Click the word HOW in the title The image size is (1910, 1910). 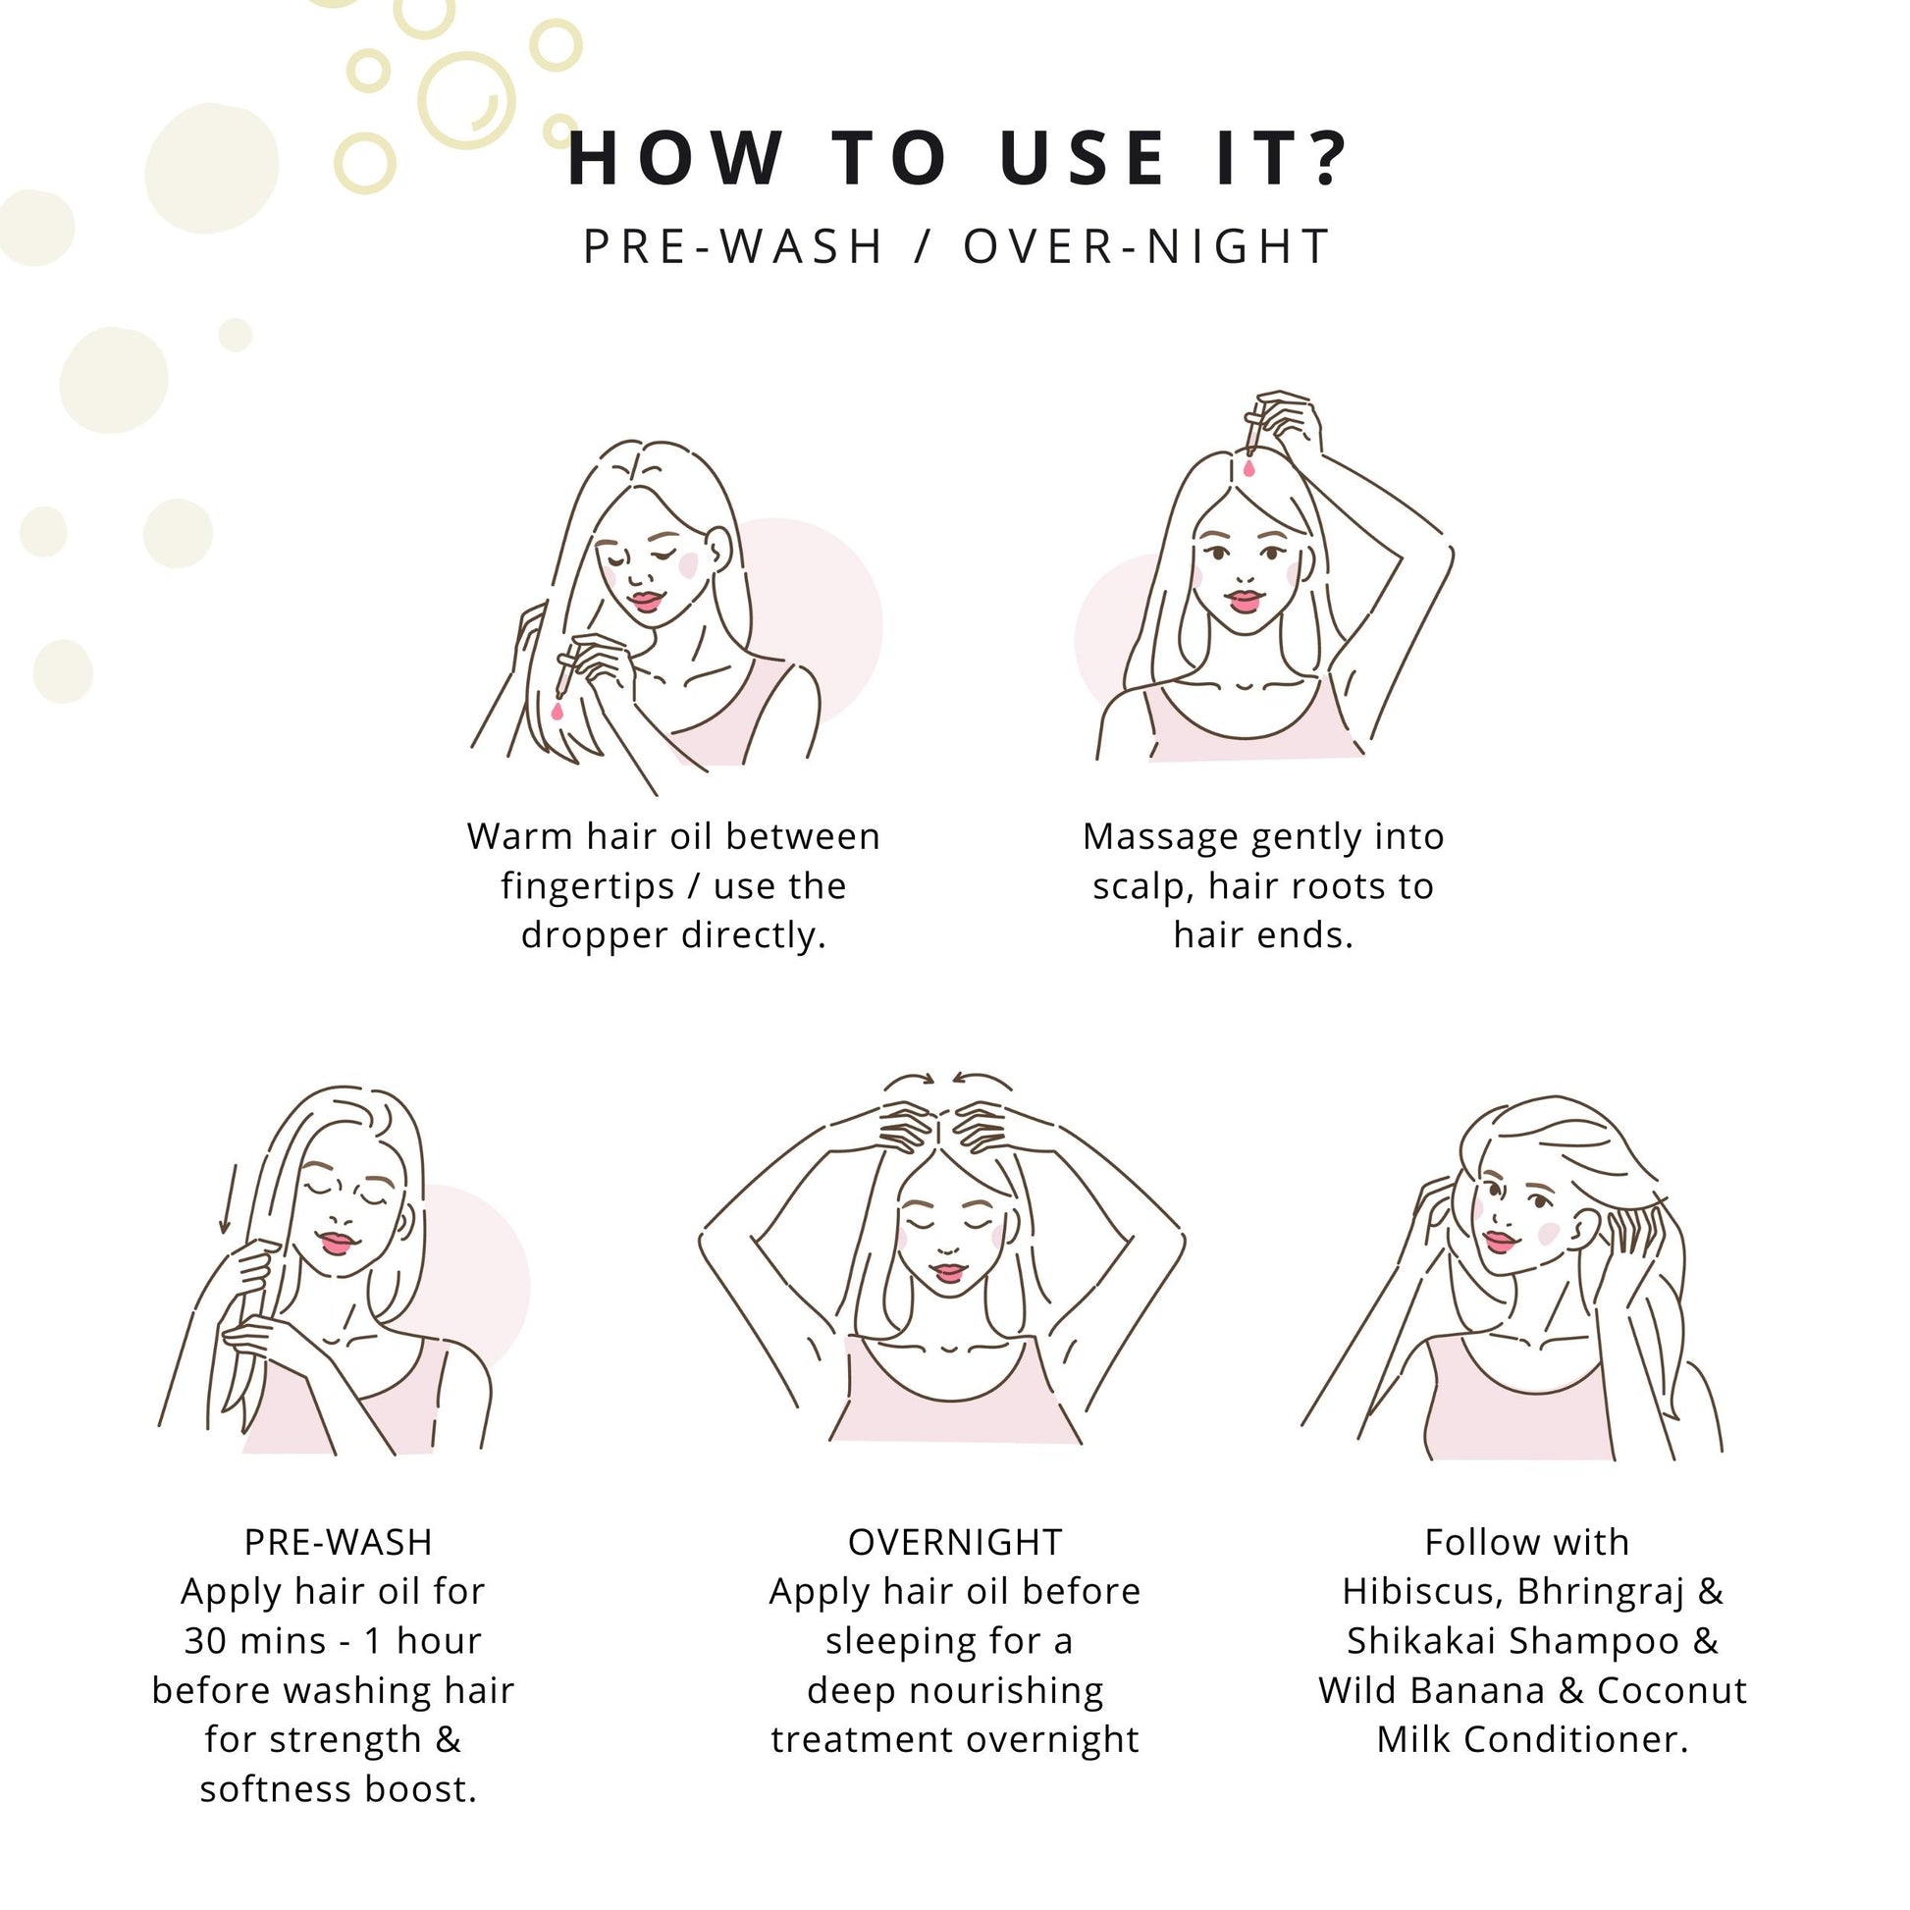pos(676,159)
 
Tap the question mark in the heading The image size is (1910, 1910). pos(1322,158)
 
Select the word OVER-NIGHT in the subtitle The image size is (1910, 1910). pos(1147,246)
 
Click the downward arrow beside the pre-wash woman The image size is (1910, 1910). pos(227,1199)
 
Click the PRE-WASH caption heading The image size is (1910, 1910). pos(338,1543)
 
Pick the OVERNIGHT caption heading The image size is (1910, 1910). pos(955,1543)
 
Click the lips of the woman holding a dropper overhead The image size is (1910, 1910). pos(1245,600)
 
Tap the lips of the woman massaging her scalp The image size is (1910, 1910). pos(948,1272)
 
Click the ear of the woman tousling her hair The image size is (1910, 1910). pos(1585,1230)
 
